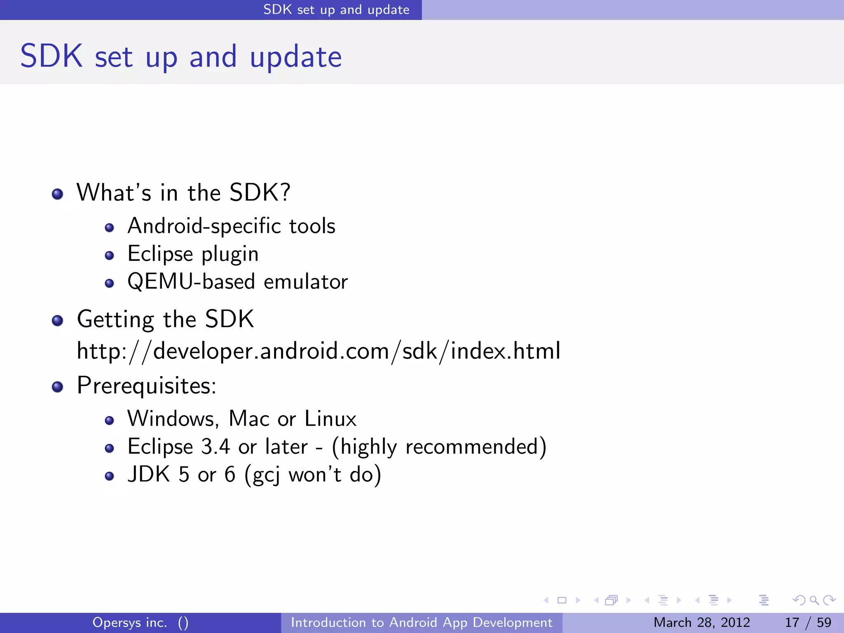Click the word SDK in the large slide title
52,56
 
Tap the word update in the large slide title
295,58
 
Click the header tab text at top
336,9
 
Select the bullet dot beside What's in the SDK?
58,194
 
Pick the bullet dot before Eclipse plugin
109,256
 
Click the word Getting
115,320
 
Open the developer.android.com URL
318,352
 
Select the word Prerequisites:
146,386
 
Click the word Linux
330,419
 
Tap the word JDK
149,474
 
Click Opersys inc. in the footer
130,622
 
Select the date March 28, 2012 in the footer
701,622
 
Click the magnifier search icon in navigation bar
814,600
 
